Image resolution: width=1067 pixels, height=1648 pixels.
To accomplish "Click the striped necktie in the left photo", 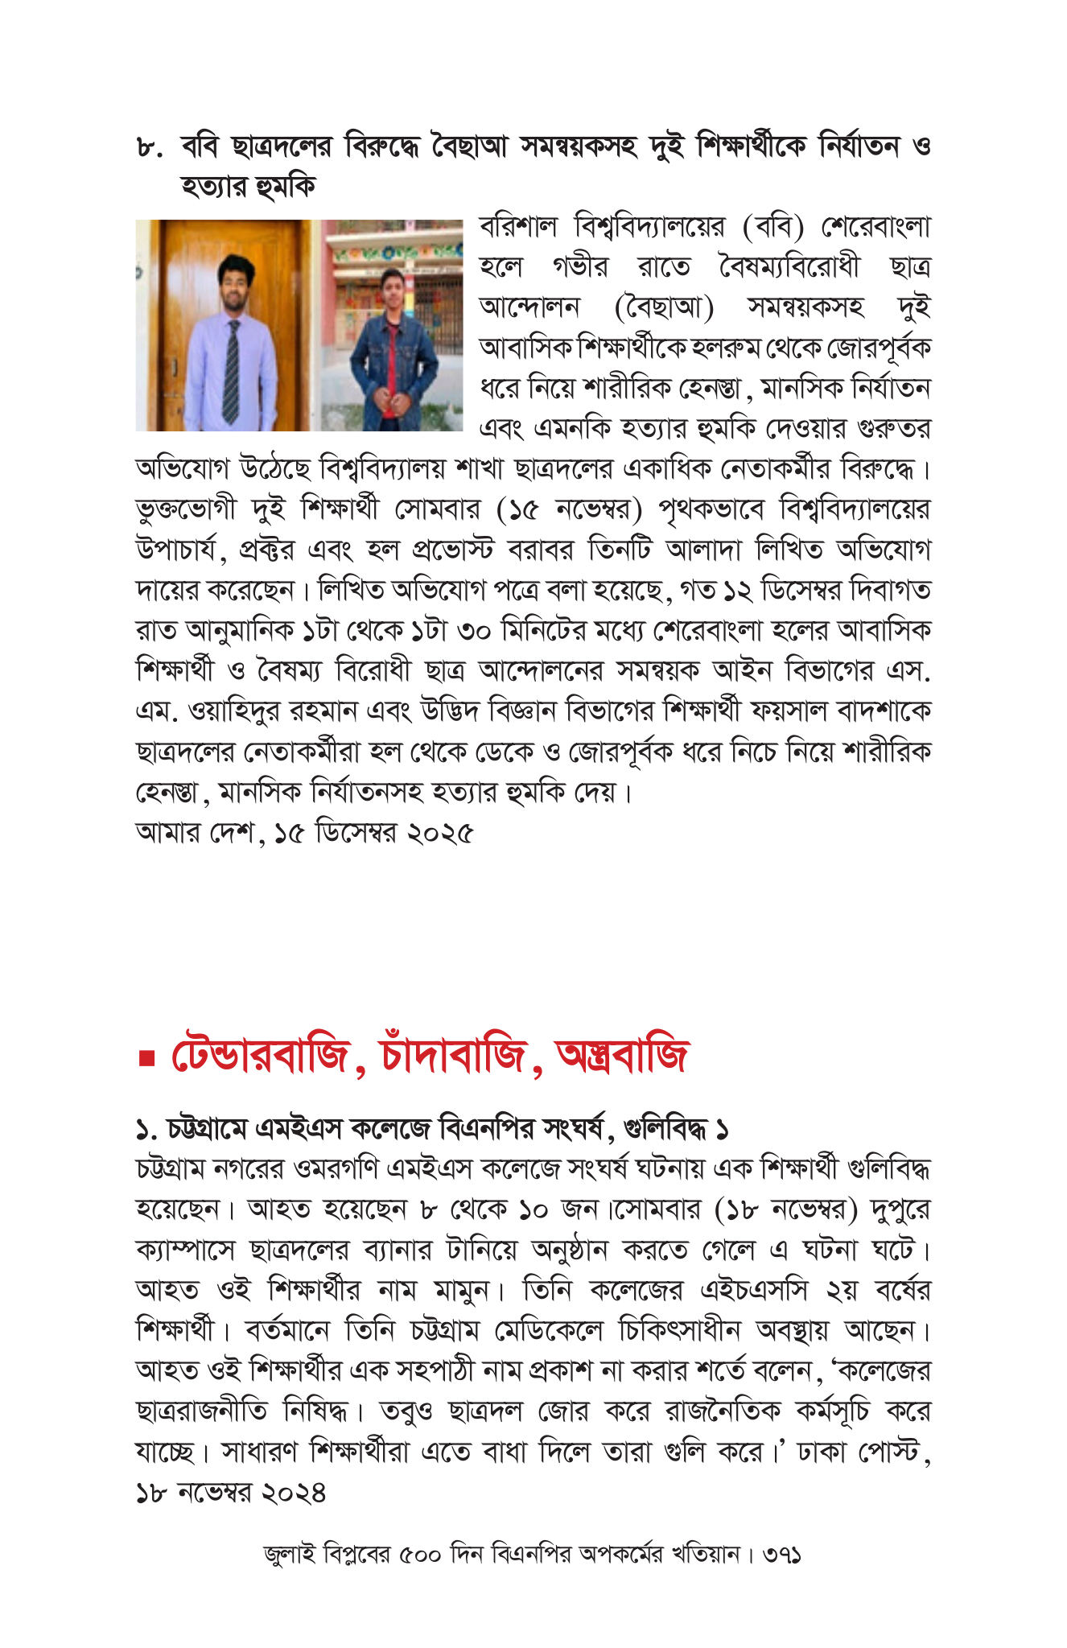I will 232,370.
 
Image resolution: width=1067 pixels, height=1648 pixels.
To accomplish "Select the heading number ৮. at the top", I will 150,148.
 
